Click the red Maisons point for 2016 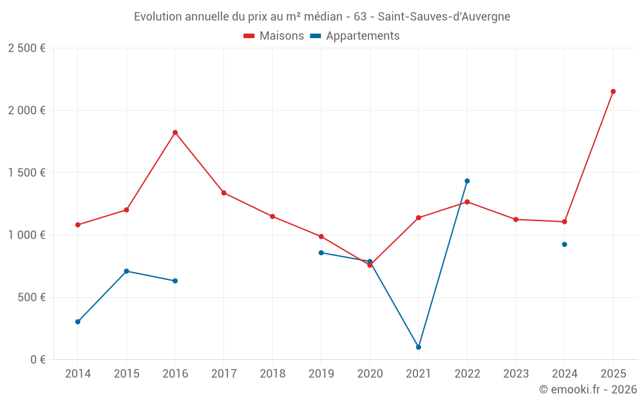175,132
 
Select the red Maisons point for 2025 613,92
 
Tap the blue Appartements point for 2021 419,347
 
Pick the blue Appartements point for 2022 467,181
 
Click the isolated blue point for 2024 565,244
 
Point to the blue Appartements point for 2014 78,322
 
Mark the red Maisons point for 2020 370,265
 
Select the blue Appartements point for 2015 126,271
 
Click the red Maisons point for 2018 272,216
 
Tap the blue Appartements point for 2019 321,253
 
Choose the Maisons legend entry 274,36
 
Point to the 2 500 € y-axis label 26,48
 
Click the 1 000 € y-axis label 26,235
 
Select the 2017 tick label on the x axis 223,374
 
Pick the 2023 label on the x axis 516,374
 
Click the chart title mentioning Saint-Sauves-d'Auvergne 322,17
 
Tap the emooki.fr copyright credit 588,389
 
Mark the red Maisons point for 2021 419,218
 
